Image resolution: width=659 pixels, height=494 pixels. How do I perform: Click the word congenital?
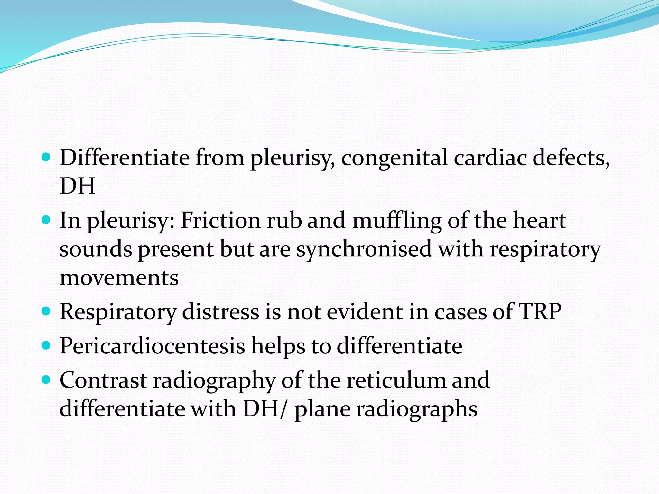coord(394,158)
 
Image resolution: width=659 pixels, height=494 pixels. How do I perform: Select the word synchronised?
coord(364,249)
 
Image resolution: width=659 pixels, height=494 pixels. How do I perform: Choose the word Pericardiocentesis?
coord(153,346)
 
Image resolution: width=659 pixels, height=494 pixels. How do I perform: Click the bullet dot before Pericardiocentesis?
coord(46,345)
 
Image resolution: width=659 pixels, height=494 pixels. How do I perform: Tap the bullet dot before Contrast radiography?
coord(46,380)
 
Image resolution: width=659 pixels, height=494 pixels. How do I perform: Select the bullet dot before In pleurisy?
coord(46,220)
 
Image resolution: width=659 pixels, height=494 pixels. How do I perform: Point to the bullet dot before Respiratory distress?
coord(46,311)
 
